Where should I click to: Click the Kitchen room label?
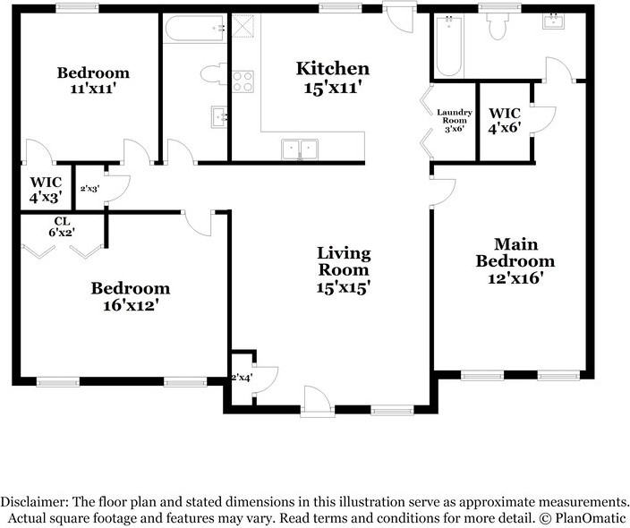(x=333, y=69)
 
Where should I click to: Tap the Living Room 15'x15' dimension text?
(x=343, y=287)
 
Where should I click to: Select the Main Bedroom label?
(x=515, y=252)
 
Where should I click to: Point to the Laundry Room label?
(x=455, y=116)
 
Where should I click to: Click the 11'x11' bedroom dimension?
(x=93, y=88)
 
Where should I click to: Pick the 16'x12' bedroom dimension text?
(x=130, y=305)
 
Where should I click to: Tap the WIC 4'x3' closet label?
(x=47, y=190)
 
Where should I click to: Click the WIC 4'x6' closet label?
(x=505, y=120)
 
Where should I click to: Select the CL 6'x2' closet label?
(x=63, y=226)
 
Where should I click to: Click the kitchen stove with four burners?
(x=243, y=81)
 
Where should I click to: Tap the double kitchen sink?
(x=300, y=149)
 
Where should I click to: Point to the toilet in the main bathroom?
(x=498, y=26)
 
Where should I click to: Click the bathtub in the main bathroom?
(x=449, y=46)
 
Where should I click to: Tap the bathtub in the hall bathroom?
(x=195, y=28)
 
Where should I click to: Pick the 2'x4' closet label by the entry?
(x=242, y=378)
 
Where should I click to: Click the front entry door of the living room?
(x=318, y=402)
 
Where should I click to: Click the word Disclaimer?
(x=32, y=502)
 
